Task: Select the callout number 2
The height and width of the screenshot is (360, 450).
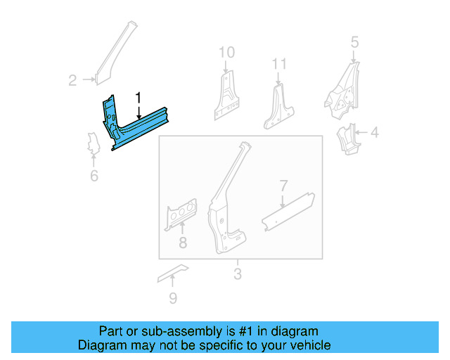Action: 72,80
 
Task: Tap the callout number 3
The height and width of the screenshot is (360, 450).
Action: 237,274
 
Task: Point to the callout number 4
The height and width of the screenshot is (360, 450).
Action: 374,132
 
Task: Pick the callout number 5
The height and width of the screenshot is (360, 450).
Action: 354,42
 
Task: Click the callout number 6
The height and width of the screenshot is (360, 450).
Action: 94,176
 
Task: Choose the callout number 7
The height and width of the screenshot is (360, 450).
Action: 283,186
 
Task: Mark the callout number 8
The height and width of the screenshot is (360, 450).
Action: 182,243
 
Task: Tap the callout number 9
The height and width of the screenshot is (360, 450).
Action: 173,299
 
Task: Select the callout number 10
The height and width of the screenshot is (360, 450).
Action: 226,52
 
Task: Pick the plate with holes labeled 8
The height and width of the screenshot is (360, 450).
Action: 181,214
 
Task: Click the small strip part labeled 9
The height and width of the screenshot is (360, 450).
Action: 173,272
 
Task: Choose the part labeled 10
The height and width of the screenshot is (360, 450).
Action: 226,96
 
